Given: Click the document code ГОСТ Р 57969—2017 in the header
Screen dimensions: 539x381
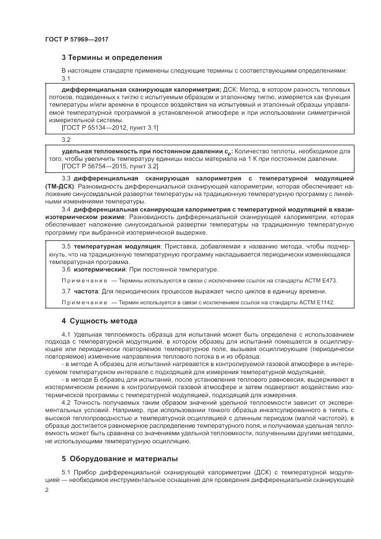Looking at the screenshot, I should (77, 40).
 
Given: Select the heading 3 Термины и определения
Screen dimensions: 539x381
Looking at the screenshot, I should (112, 58).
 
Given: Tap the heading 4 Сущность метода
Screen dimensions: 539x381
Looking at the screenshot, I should (99, 320).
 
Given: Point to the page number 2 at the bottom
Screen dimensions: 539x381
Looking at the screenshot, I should (47, 489).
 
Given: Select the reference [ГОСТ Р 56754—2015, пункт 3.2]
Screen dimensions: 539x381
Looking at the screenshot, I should (110, 166).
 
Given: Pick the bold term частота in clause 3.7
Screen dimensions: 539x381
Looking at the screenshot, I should (86, 291).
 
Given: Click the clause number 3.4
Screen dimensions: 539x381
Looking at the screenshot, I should (66, 209).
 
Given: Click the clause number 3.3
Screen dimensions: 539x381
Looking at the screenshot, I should (66, 179).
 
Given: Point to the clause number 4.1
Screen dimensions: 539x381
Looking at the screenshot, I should (66, 334).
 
